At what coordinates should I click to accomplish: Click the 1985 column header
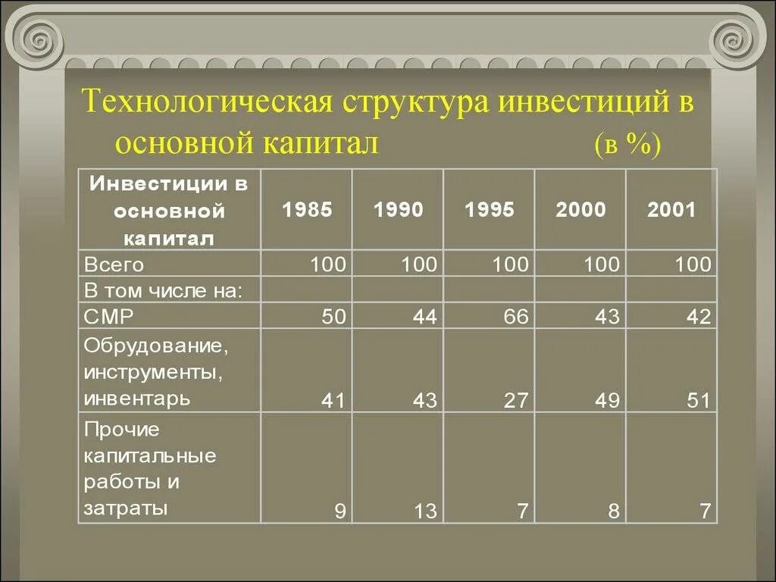307,210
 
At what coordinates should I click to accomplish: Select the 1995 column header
490,210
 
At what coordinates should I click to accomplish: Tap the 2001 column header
671,210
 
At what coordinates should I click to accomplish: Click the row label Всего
114,264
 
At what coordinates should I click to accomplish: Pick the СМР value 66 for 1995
515,316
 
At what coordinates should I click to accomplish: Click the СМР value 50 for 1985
333,316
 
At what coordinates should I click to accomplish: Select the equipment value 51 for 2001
699,400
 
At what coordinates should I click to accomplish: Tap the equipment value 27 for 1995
515,400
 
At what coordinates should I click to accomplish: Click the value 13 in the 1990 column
425,512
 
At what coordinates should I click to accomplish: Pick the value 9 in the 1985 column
340,512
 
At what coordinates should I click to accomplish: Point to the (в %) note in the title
628,144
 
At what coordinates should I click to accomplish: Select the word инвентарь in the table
137,397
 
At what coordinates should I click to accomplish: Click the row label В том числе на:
164,289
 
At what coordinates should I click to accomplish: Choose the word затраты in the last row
126,507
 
